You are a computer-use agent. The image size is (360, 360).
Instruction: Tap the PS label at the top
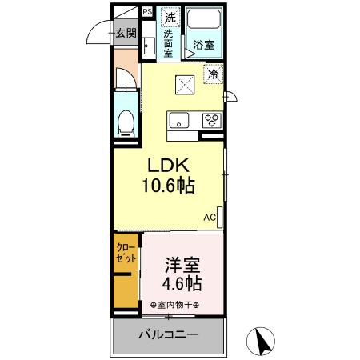click(x=147, y=12)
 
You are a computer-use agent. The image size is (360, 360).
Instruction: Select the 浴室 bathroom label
click(x=203, y=45)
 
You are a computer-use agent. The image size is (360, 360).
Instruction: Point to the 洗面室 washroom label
click(x=169, y=45)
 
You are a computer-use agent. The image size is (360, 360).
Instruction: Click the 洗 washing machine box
click(x=170, y=17)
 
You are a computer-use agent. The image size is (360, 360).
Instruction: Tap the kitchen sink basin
click(x=178, y=120)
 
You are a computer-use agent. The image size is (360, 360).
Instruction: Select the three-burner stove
click(x=211, y=120)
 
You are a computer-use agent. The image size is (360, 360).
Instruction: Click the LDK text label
click(x=166, y=165)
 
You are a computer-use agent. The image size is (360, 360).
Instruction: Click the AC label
click(x=209, y=217)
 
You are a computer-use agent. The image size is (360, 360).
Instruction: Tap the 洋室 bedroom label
click(x=182, y=264)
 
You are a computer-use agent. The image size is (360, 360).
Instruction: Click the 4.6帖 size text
click(x=183, y=283)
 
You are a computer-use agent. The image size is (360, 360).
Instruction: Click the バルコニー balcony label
click(x=170, y=334)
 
